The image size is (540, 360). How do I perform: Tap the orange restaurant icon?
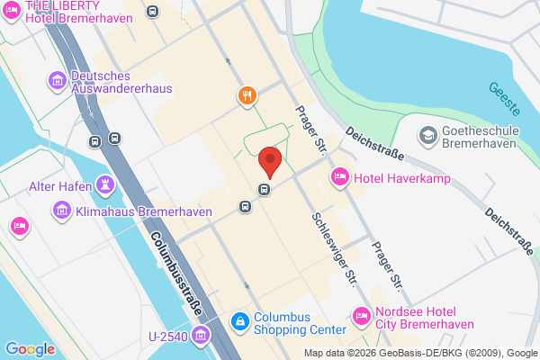click(246, 95)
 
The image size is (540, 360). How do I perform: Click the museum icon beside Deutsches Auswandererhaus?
click(58, 82)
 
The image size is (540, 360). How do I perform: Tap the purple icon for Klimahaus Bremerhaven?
click(61, 211)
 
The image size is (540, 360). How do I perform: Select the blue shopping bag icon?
click(239, 319)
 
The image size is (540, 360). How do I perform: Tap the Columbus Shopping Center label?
click(300, 323)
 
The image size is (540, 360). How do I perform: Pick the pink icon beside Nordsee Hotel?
click(362, 317)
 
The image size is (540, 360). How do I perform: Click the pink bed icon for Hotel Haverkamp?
click(340, 175)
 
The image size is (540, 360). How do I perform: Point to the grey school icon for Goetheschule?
click(427, 136)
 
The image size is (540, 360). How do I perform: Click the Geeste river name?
click(504, 99)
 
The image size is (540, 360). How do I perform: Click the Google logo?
click(31, 349)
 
